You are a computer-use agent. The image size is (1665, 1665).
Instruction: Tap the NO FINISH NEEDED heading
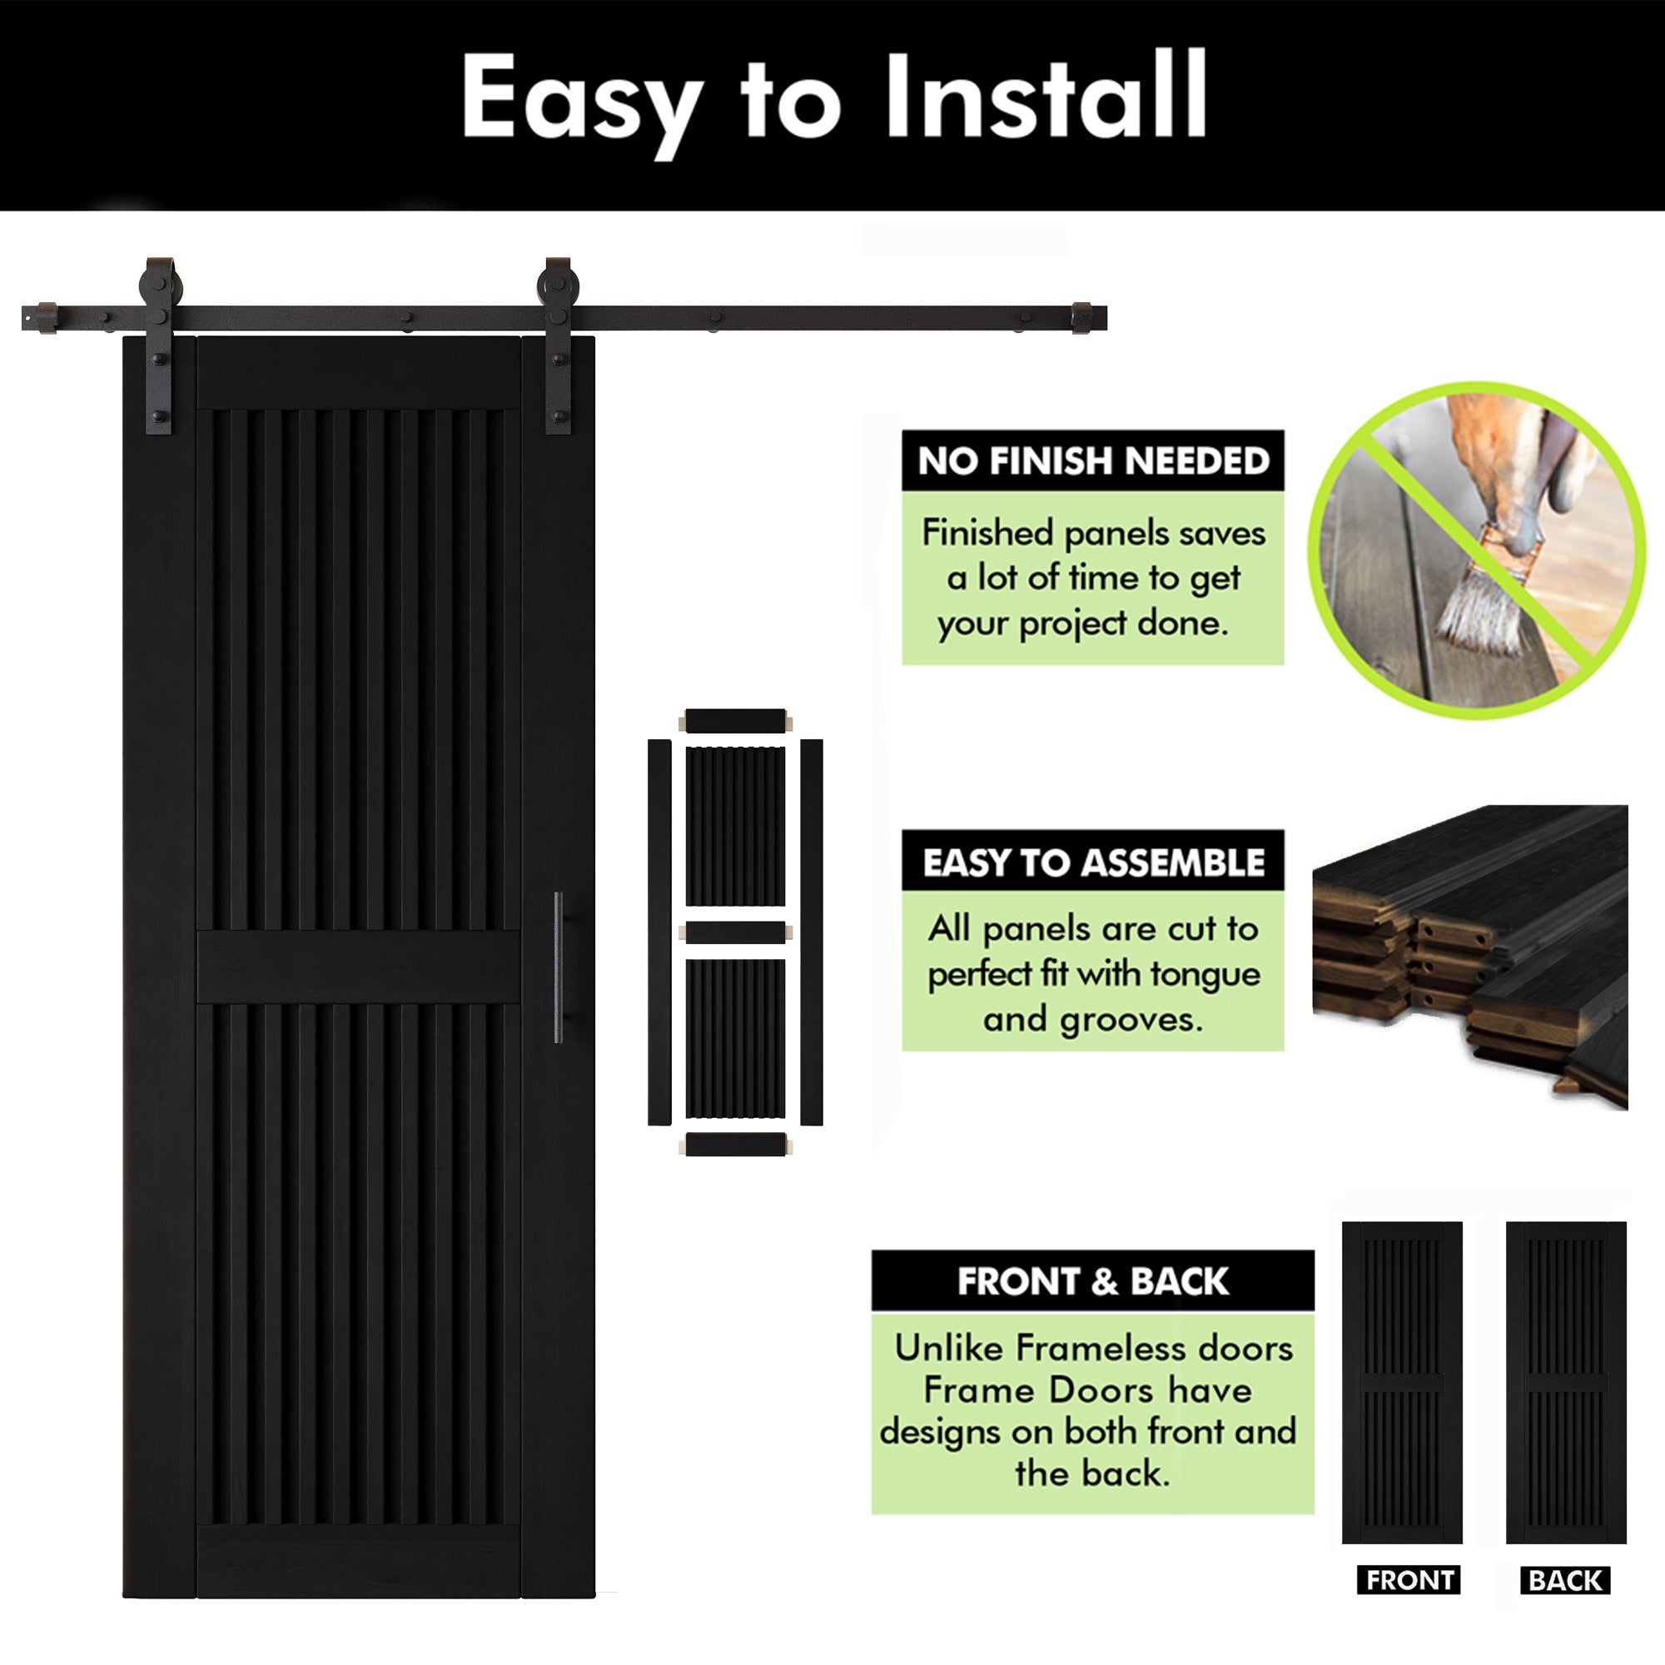point(1093,461)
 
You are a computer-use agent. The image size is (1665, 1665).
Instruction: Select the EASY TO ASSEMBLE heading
point(1093,862)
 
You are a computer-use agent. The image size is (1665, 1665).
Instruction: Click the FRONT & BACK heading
point(1092,1281)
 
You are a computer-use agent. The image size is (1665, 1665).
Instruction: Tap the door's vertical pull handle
point(559,967)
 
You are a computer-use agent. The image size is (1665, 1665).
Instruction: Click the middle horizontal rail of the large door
point(359,966)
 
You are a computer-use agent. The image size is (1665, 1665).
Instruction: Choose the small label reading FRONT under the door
point(1409,1580)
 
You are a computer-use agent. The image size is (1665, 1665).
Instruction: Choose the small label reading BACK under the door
point(1565,1581)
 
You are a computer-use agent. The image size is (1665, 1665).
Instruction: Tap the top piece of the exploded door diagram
point(735,720)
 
